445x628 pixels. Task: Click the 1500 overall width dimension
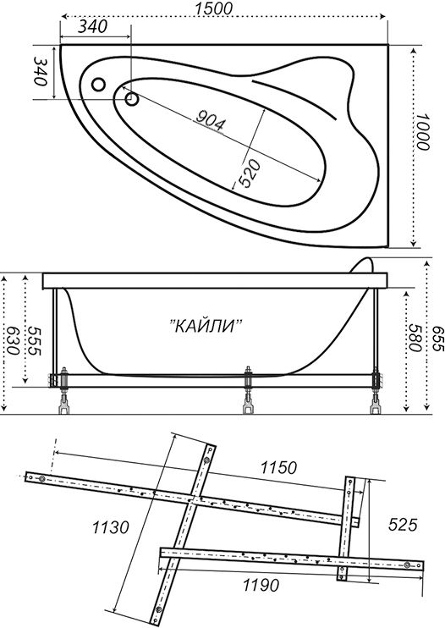pyautogui.click(x=213, y=8)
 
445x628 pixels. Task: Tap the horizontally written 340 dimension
pyautogui.click(x=92, y=27)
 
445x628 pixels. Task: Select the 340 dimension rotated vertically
pyautogui.click(x=41, y=71)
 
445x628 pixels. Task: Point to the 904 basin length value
pyautogui.click(x=210, y=121)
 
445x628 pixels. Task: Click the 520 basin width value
pyautogui.click(x=250, y=173)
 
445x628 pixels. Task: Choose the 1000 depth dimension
pyautogui.click(x=422, y=132)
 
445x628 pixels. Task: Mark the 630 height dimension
pyautogui.click(x=13, y=340)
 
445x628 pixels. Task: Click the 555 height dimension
pyautogui.click(x=35, y=340)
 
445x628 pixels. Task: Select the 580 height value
pyautogui.click(x=415, y=337)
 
